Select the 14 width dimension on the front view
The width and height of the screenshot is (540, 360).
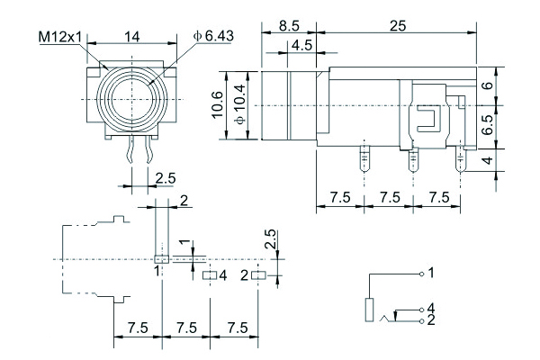(x=132, y=37)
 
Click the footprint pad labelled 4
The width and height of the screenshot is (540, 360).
(x=209, y=275)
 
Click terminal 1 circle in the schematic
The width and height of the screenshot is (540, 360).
(x=421, y=271)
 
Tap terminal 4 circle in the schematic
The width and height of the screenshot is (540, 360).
(x=421, y=310)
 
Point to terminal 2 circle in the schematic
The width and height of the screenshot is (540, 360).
(x=421, y=319)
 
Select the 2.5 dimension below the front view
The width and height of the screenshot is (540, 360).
(x=166, y=177)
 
